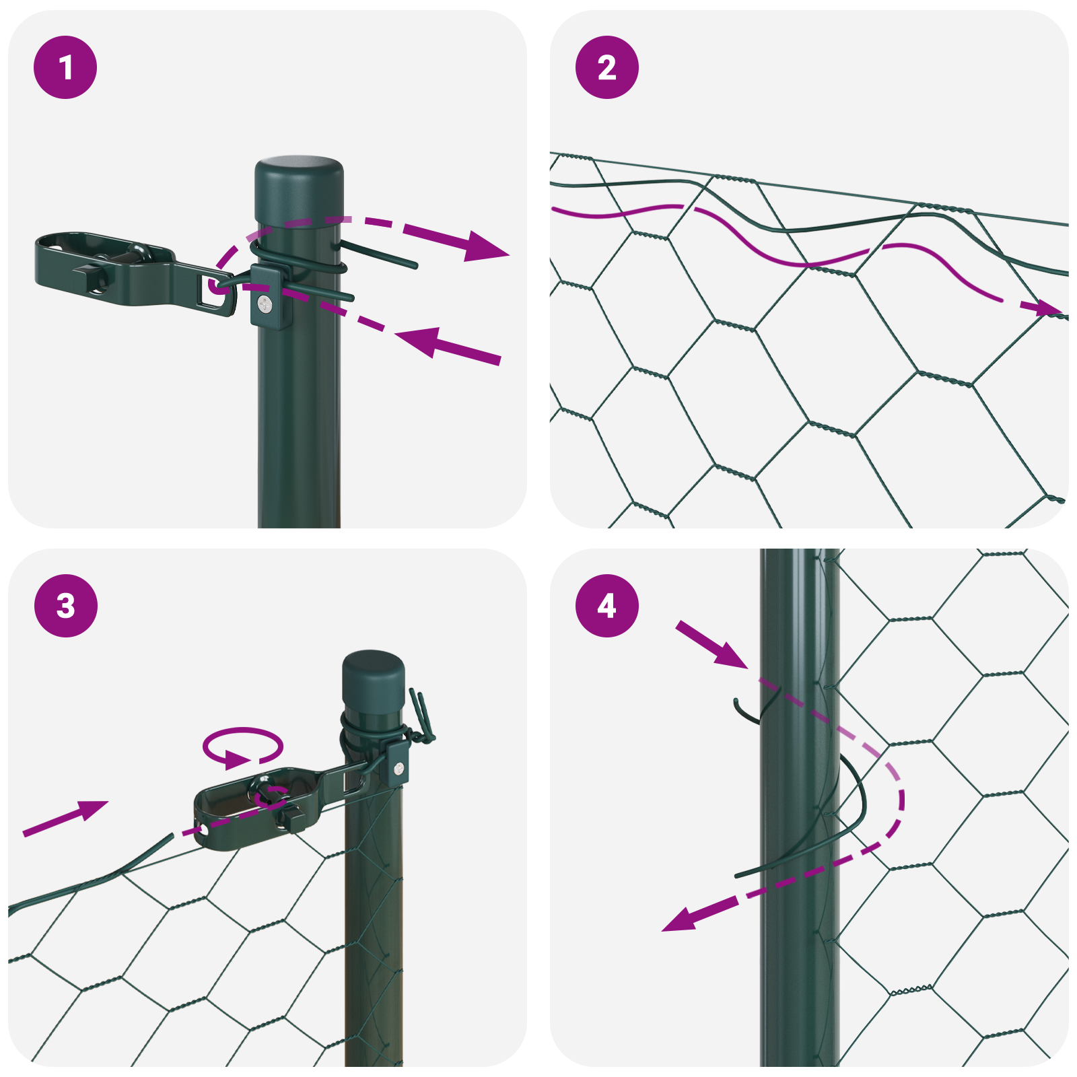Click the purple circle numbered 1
coord(65,67)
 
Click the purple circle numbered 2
coord(607,67)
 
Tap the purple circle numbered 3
coord(65,605)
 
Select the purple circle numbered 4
coord(607,605)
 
